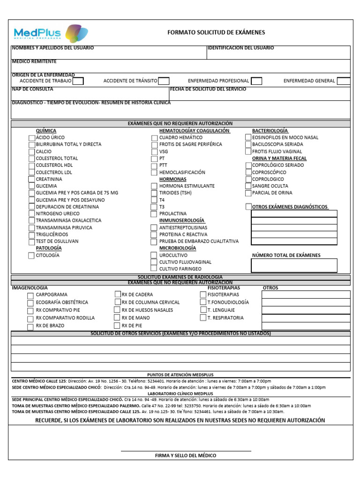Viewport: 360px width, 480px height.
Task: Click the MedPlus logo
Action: [x=51, y=33]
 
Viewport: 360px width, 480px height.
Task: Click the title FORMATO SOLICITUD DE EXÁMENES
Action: [x=216, y=32]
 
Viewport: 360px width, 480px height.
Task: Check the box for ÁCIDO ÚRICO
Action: [x=31, y=138]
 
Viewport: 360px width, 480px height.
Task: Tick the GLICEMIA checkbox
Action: [x=31, y=186]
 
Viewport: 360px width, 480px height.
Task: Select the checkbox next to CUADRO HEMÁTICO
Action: [x=154, y=138]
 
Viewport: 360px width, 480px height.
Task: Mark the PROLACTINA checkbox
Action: [x=154, y=214]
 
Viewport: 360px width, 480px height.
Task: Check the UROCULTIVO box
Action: [x=154, y=255]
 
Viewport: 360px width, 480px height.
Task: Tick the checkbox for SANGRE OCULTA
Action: [x=248, y=186]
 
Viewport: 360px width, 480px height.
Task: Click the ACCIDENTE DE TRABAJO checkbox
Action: [x=78, y=81]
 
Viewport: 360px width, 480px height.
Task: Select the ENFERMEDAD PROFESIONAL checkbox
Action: [x=256, y=81]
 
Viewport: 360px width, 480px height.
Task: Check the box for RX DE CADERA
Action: [x=118, y=294]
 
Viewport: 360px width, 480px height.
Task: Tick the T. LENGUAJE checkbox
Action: [x=203, y=310]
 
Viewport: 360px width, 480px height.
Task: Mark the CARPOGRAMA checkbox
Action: [x=30, y=295]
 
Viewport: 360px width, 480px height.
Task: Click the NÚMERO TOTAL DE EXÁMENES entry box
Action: [x=294, y=265]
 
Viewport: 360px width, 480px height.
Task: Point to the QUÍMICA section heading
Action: [x=46, y=130]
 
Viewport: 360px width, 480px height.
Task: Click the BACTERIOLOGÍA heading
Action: [x=270, y=130]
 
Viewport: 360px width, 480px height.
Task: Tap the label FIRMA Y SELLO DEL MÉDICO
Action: [x=186, y=456]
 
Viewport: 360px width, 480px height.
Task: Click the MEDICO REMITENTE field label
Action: [x=34, y=61]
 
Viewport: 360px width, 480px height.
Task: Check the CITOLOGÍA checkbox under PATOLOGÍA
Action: [x=31, y=255]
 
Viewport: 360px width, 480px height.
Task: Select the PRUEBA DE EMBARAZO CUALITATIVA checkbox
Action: [x=154, y=241]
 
